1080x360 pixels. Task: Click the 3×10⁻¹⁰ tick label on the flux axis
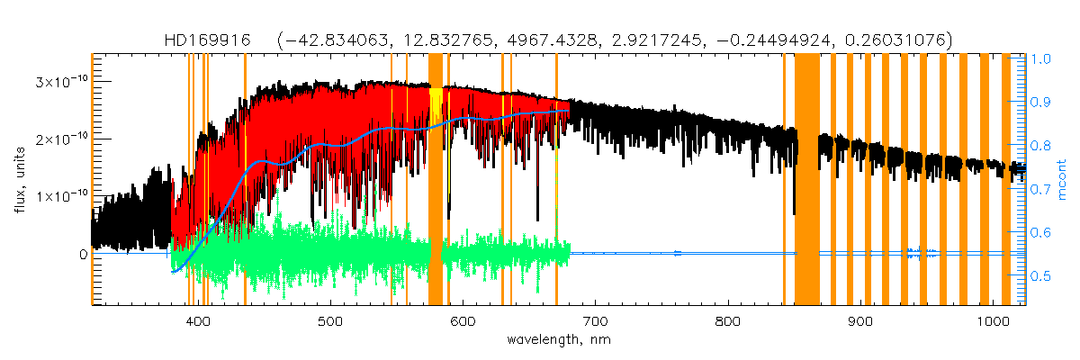coord(61,82)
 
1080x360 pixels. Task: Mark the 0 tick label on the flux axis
coord(83,255)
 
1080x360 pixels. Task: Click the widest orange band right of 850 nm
coord(807,180)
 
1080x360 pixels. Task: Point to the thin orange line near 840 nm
coord(784,180)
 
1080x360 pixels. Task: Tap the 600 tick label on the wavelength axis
coord(463,322)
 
